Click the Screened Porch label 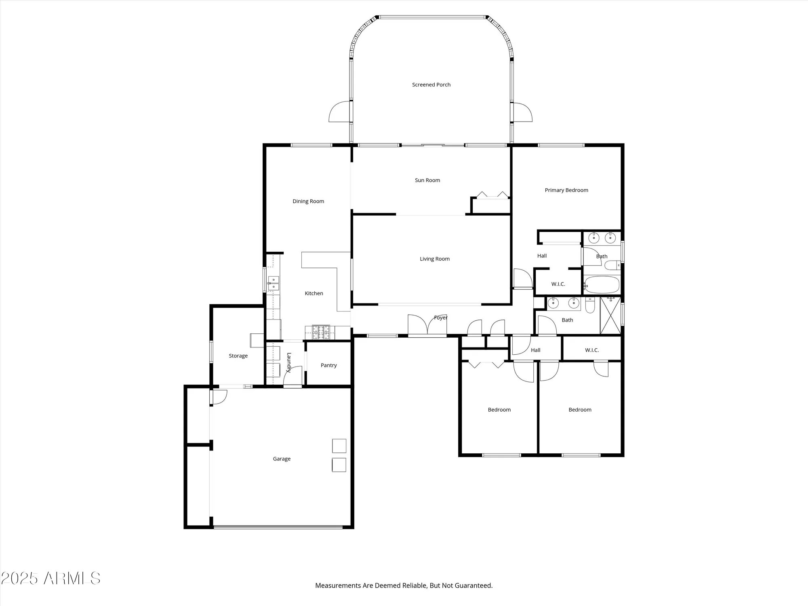[431, 85]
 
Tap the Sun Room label [427, 180]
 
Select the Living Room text [434, 259]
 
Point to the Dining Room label [308, 201]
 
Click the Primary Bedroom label [566, 190]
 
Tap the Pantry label [328, 365]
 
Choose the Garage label [282, 459]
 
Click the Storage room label [238, 356]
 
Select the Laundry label [289, 362]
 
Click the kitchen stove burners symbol [321, 332]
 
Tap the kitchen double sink [274, 283]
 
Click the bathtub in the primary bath [602, 285]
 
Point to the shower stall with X [610, 316]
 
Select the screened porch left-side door [339, 112]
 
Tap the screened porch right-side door [522, 112]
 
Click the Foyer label [441, 318]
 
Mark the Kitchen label [314, 294]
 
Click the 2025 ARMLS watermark [50, 579]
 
